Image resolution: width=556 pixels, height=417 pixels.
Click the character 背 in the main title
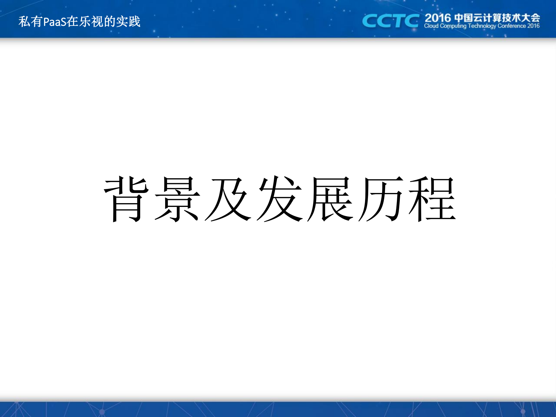click(x=127, y=199)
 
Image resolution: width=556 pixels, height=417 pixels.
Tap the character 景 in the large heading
click(x=177, y=199)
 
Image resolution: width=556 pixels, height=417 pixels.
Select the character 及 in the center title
click(x=228, y=199)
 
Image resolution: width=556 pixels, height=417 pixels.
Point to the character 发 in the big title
click(x=279, y=199)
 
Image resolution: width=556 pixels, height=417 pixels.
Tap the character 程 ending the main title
click(x=432, y=199)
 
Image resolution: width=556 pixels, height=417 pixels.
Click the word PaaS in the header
click(x=55, y=22)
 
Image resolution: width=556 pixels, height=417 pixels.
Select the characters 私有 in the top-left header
click(x=30, y=22)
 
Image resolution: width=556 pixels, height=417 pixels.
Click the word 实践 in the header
click(x=128, y=22)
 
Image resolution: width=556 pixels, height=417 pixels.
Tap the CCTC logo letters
click(x=390, y=21)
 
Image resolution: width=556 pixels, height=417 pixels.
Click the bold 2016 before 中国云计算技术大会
click(x=438, y=18)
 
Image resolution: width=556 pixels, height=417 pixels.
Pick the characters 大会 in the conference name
click(x=530, y=18)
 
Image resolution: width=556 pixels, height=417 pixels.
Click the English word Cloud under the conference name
click(x=431, y=26)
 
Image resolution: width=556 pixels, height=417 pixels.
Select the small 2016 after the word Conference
click(x=533, y=26)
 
